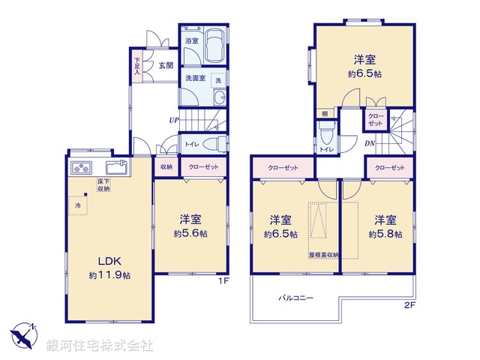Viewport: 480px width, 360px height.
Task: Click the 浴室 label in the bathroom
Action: pyautogui.click(x=191, y=40)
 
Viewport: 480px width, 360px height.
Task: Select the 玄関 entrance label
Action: pyautogui.click(x=166, y=65)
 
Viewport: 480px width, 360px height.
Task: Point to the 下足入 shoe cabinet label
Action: pyautogui.click(x=137, y=68)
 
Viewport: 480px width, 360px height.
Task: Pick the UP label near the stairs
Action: pyautogui.click(x=173, y=119)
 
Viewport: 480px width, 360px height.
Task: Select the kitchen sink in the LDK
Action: pyautogui.click(x=116, y=166)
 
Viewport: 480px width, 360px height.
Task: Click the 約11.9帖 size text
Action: pyautogui.click(x=109, y=276)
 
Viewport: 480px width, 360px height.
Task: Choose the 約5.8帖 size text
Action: pyautogui.click(x=385, y=234)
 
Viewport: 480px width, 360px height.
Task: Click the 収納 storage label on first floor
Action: pyautogui.click(x=166, y=167)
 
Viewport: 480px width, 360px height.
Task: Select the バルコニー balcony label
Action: pyautogui.click(x=296, y=298)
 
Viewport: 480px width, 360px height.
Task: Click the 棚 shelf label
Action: pyautogui.click(x=325, y=113)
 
